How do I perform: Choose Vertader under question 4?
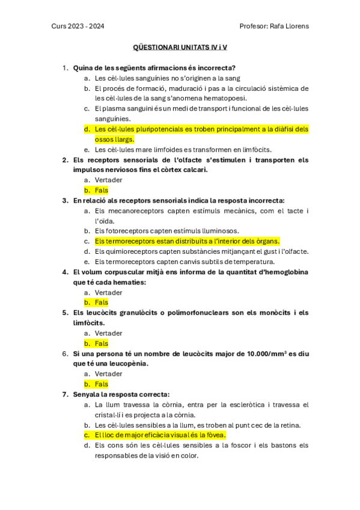(x=109, y=292)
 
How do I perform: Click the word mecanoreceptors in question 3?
(x=135, y=210)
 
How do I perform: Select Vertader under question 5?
(x=109, y=333)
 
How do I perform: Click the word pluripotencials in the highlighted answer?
(x=163, y=129)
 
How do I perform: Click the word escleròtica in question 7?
(x=247, y=404)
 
